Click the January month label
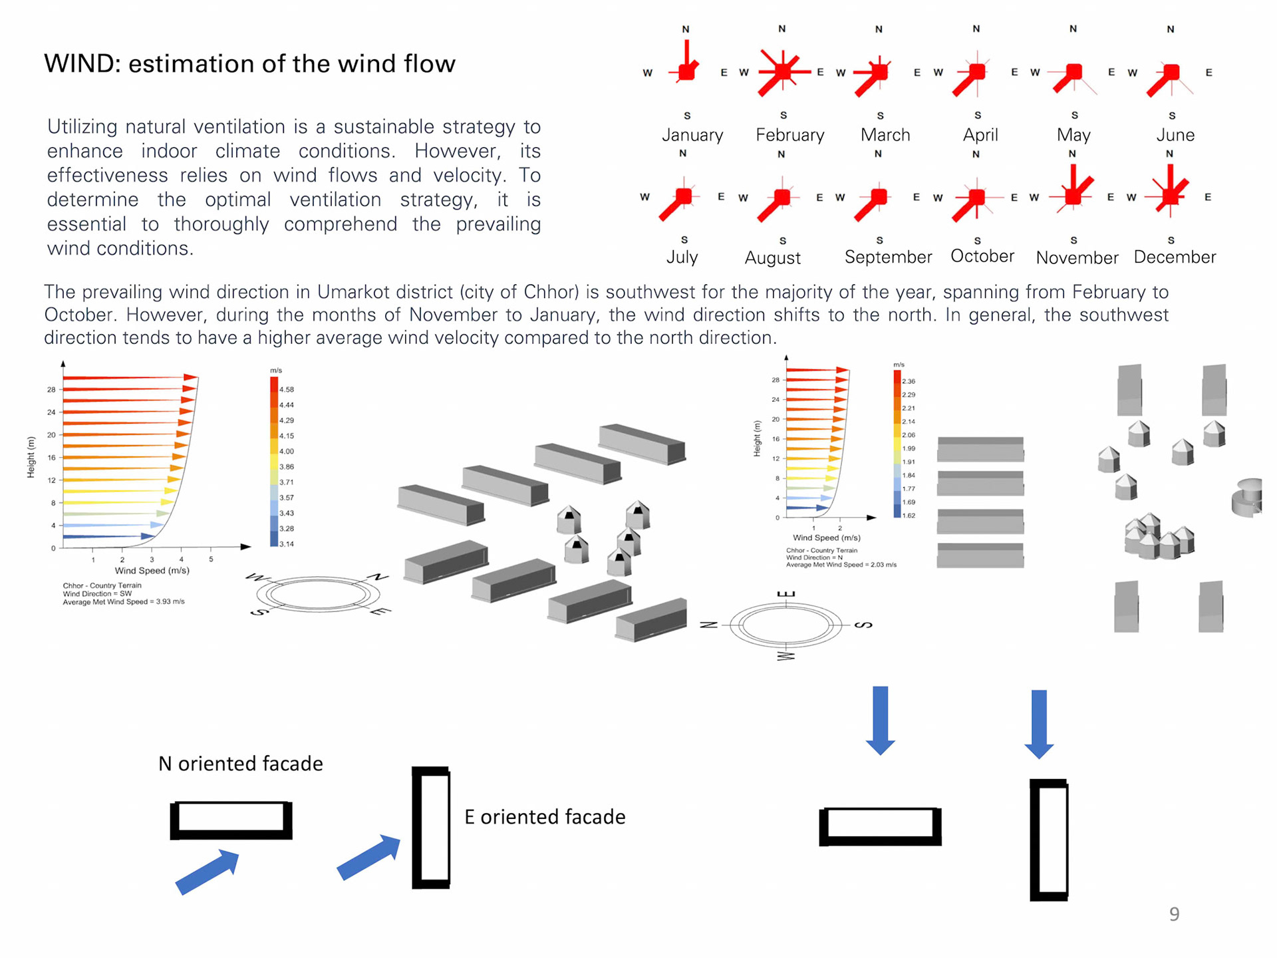coord(692,135)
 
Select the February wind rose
coord(783,71)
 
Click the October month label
coord(982,256)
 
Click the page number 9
coord(1174,914)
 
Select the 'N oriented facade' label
coord(240,763)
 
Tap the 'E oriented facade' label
coord(545,816)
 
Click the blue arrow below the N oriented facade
coord(208,871)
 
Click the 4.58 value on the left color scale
coord(287,389)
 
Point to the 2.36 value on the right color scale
coord(909,381)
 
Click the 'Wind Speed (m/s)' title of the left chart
coord(152,570)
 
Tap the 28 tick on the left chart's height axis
coord(51,389)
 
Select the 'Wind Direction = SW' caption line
coord(97,593)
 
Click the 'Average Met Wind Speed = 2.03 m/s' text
coord(841,565)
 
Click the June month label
coord(1175,135)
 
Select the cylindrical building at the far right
coord(1247,496)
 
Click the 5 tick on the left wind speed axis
coord(211,559)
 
